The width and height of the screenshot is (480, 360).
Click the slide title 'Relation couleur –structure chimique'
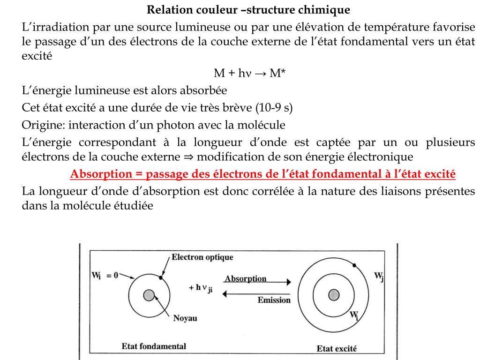(248, 9)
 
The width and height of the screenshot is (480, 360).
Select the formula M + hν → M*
(250, 73)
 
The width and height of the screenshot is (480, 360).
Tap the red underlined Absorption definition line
(262, 174)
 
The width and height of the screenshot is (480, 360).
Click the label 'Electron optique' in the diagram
(202, 257)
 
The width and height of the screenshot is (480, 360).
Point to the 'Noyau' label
(185, 318)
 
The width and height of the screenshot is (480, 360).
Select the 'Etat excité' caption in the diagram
(337, 348)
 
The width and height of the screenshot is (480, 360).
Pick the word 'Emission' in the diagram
(274, 300)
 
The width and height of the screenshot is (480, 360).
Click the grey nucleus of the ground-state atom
(149, 295)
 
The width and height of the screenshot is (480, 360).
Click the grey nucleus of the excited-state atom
(334, 295)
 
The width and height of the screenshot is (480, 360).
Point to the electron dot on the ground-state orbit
(161, 278)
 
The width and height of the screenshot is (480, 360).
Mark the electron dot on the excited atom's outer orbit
(355, 265)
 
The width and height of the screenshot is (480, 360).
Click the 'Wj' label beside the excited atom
(379, 277)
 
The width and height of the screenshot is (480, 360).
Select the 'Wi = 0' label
(105, 276)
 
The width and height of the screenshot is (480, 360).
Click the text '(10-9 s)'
(274, 108)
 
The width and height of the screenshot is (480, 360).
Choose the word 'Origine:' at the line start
(44, 125)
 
